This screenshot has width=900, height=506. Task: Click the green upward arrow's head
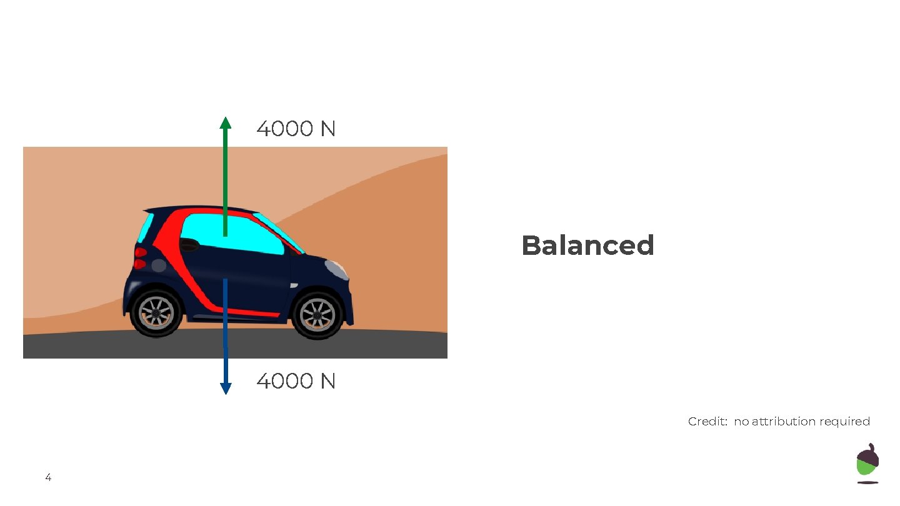pyautogui.click(x=226, y=122)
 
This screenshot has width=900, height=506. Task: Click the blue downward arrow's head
pyautogui.click(x=226, y=388)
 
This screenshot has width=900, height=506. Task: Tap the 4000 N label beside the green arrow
pyautogui.click(x=296, y=129)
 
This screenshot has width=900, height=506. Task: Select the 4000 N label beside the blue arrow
pyautogui.click(x=296, y=381)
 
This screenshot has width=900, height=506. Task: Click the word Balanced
pyautogui.click(x=587, y=246)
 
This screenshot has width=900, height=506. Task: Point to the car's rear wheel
pyautogui.click(x=156, y=312)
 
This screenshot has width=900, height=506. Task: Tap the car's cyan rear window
pyautogui.click(x=146, y=227)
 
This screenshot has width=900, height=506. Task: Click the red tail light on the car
pyautogui.click(x=141, y=258)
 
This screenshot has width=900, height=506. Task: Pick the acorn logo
pyautogui.click(x=867, y=463)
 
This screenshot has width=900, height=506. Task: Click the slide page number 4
pyautogui.click(x=48, y=478)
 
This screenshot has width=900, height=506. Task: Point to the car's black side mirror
pyautogui.click(x=188, y=245)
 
